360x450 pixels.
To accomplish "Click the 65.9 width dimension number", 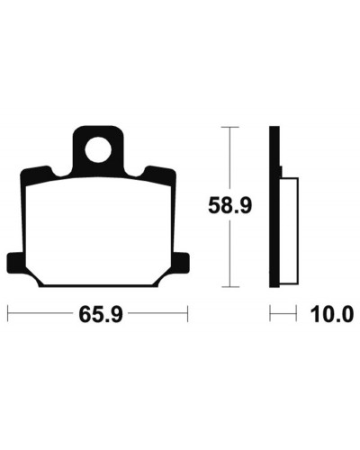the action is [101, 314].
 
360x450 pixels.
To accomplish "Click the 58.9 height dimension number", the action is [230, 205].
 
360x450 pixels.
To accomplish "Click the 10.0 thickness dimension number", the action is [332, 314].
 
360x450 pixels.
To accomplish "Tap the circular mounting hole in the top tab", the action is [98, 149].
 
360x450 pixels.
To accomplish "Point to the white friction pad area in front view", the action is [98, 231].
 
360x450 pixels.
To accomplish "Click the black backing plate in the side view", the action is [274, 207].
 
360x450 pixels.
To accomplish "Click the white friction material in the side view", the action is [289, 230].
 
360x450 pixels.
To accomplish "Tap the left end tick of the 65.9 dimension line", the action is [8, 314].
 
